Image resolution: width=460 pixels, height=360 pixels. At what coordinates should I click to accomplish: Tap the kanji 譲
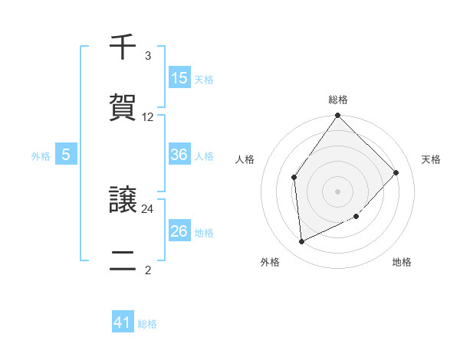(123, 201)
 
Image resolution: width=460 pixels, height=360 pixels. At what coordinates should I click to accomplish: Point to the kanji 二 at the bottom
(123, 261)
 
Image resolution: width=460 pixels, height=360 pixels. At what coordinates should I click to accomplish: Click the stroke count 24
(148, 208)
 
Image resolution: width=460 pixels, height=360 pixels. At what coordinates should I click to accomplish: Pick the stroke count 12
(148, 117)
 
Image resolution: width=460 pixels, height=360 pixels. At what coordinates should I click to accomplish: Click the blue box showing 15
(179, 78)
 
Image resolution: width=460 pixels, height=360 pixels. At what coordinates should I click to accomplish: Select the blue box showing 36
(179, 155)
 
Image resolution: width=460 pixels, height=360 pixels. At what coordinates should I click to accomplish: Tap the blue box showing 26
(179, 231)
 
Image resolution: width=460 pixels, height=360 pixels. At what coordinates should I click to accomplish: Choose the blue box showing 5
(66, 155)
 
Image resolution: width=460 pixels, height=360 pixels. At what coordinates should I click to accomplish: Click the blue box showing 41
(123, 322)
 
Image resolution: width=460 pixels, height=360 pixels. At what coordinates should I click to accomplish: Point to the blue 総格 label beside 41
(147, 324)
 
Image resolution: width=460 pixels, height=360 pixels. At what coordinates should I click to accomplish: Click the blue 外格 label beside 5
(41, 156)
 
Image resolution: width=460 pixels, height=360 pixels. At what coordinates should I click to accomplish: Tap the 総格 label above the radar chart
(338, 100)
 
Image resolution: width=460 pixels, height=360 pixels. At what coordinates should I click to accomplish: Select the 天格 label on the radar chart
(432, 159)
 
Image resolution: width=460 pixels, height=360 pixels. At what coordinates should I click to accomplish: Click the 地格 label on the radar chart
(402, 262)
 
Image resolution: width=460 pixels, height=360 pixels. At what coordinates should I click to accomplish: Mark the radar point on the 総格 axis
(338, 116)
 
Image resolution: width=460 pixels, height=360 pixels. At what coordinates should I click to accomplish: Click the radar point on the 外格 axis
(301, 242)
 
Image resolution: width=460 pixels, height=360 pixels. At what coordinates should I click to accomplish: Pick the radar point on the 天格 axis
(396, 172)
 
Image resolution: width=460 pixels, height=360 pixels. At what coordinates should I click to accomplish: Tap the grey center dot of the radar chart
(338, 191)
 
